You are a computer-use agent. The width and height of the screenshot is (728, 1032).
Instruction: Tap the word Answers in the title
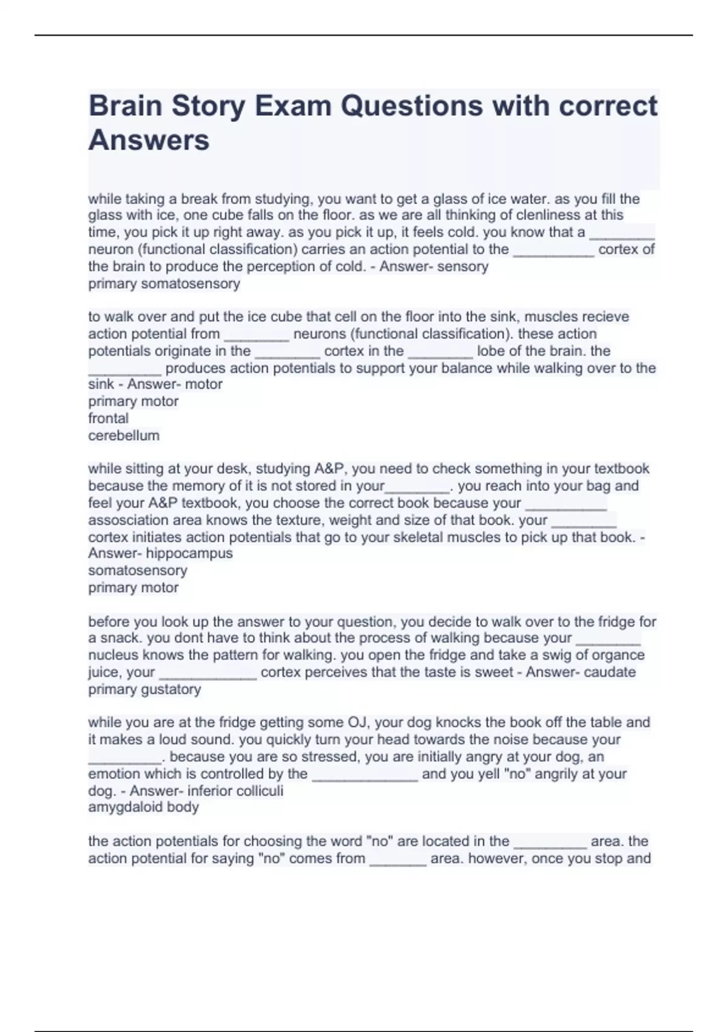point(149,140)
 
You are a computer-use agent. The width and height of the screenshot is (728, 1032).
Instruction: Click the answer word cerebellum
point(124,435)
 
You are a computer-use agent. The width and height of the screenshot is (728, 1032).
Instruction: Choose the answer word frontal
point(108,418)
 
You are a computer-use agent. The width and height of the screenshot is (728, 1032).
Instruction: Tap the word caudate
point(608,672)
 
